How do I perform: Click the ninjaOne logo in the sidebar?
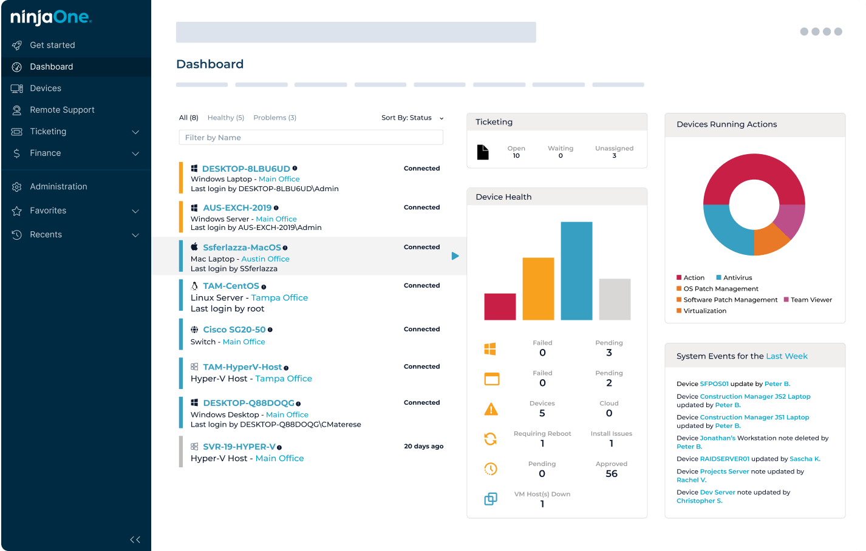point(51,18)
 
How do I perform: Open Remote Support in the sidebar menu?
point(62,110)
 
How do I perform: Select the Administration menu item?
point(58,186)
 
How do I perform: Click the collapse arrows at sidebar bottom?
point(135,539)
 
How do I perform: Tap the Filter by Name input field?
point(310,138)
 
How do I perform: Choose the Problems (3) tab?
point(274,118)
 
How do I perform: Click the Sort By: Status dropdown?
point(412,118)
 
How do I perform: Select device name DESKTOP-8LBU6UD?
point(246,169)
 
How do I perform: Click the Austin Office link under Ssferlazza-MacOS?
point(265,259)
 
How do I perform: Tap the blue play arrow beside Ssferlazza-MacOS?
point(455,256)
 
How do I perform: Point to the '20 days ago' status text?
point(423,446)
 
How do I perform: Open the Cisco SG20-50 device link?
point(234,330)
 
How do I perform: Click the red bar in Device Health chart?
point(500,306)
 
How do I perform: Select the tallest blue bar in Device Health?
point(576,271)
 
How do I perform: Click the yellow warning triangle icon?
point(491,410)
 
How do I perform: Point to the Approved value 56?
point(611,473)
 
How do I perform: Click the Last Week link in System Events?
point(786,356)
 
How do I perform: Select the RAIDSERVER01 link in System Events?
point(725,459)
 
